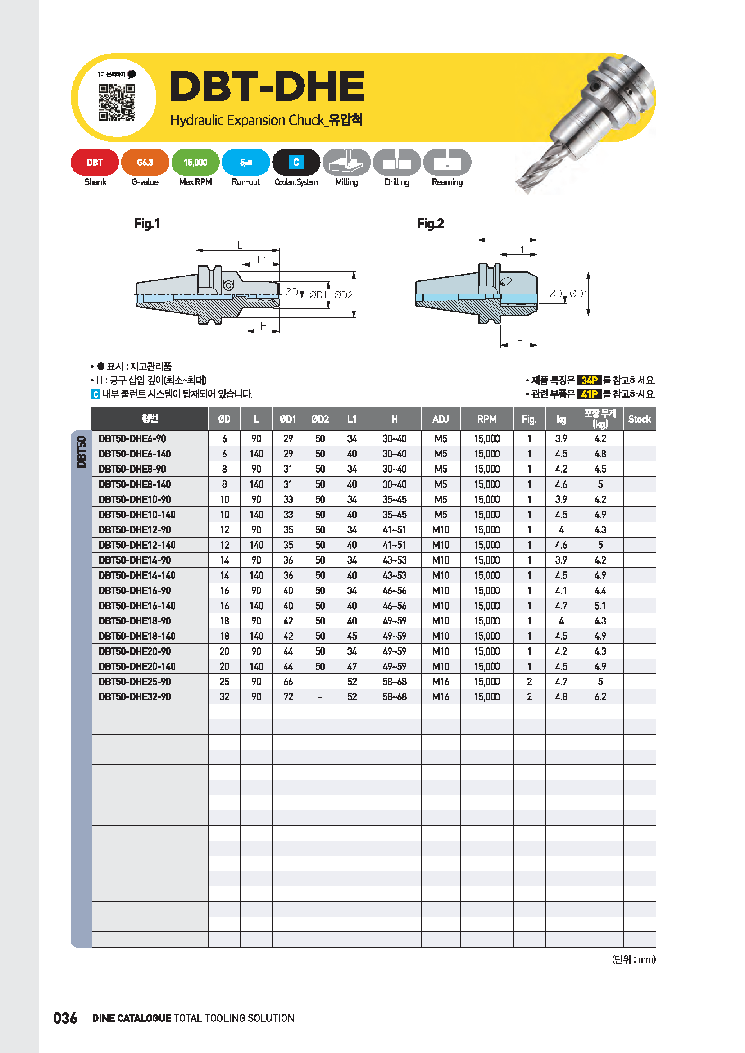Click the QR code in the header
pos(117,102)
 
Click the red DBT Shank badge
pos(95,163)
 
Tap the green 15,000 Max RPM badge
pos(195,163)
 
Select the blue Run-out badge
pos(245,163)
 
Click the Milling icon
pos(346,163)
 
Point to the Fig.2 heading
pos(430,224)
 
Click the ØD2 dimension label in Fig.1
pos(343,295)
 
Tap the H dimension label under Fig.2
pos(519,341)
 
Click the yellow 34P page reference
pos(589,380)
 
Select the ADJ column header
pos(441,419)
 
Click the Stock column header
pos(639,419)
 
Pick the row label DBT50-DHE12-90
pos(134,530)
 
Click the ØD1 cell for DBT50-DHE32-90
pos(288,696)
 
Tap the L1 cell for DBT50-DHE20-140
pos(352,666)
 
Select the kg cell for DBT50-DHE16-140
pos(561,606)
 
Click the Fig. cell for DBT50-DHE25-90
pos(529,682)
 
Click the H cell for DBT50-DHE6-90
pos(394,438)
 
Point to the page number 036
pos(65,1018)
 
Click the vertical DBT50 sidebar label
pos(81,452)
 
